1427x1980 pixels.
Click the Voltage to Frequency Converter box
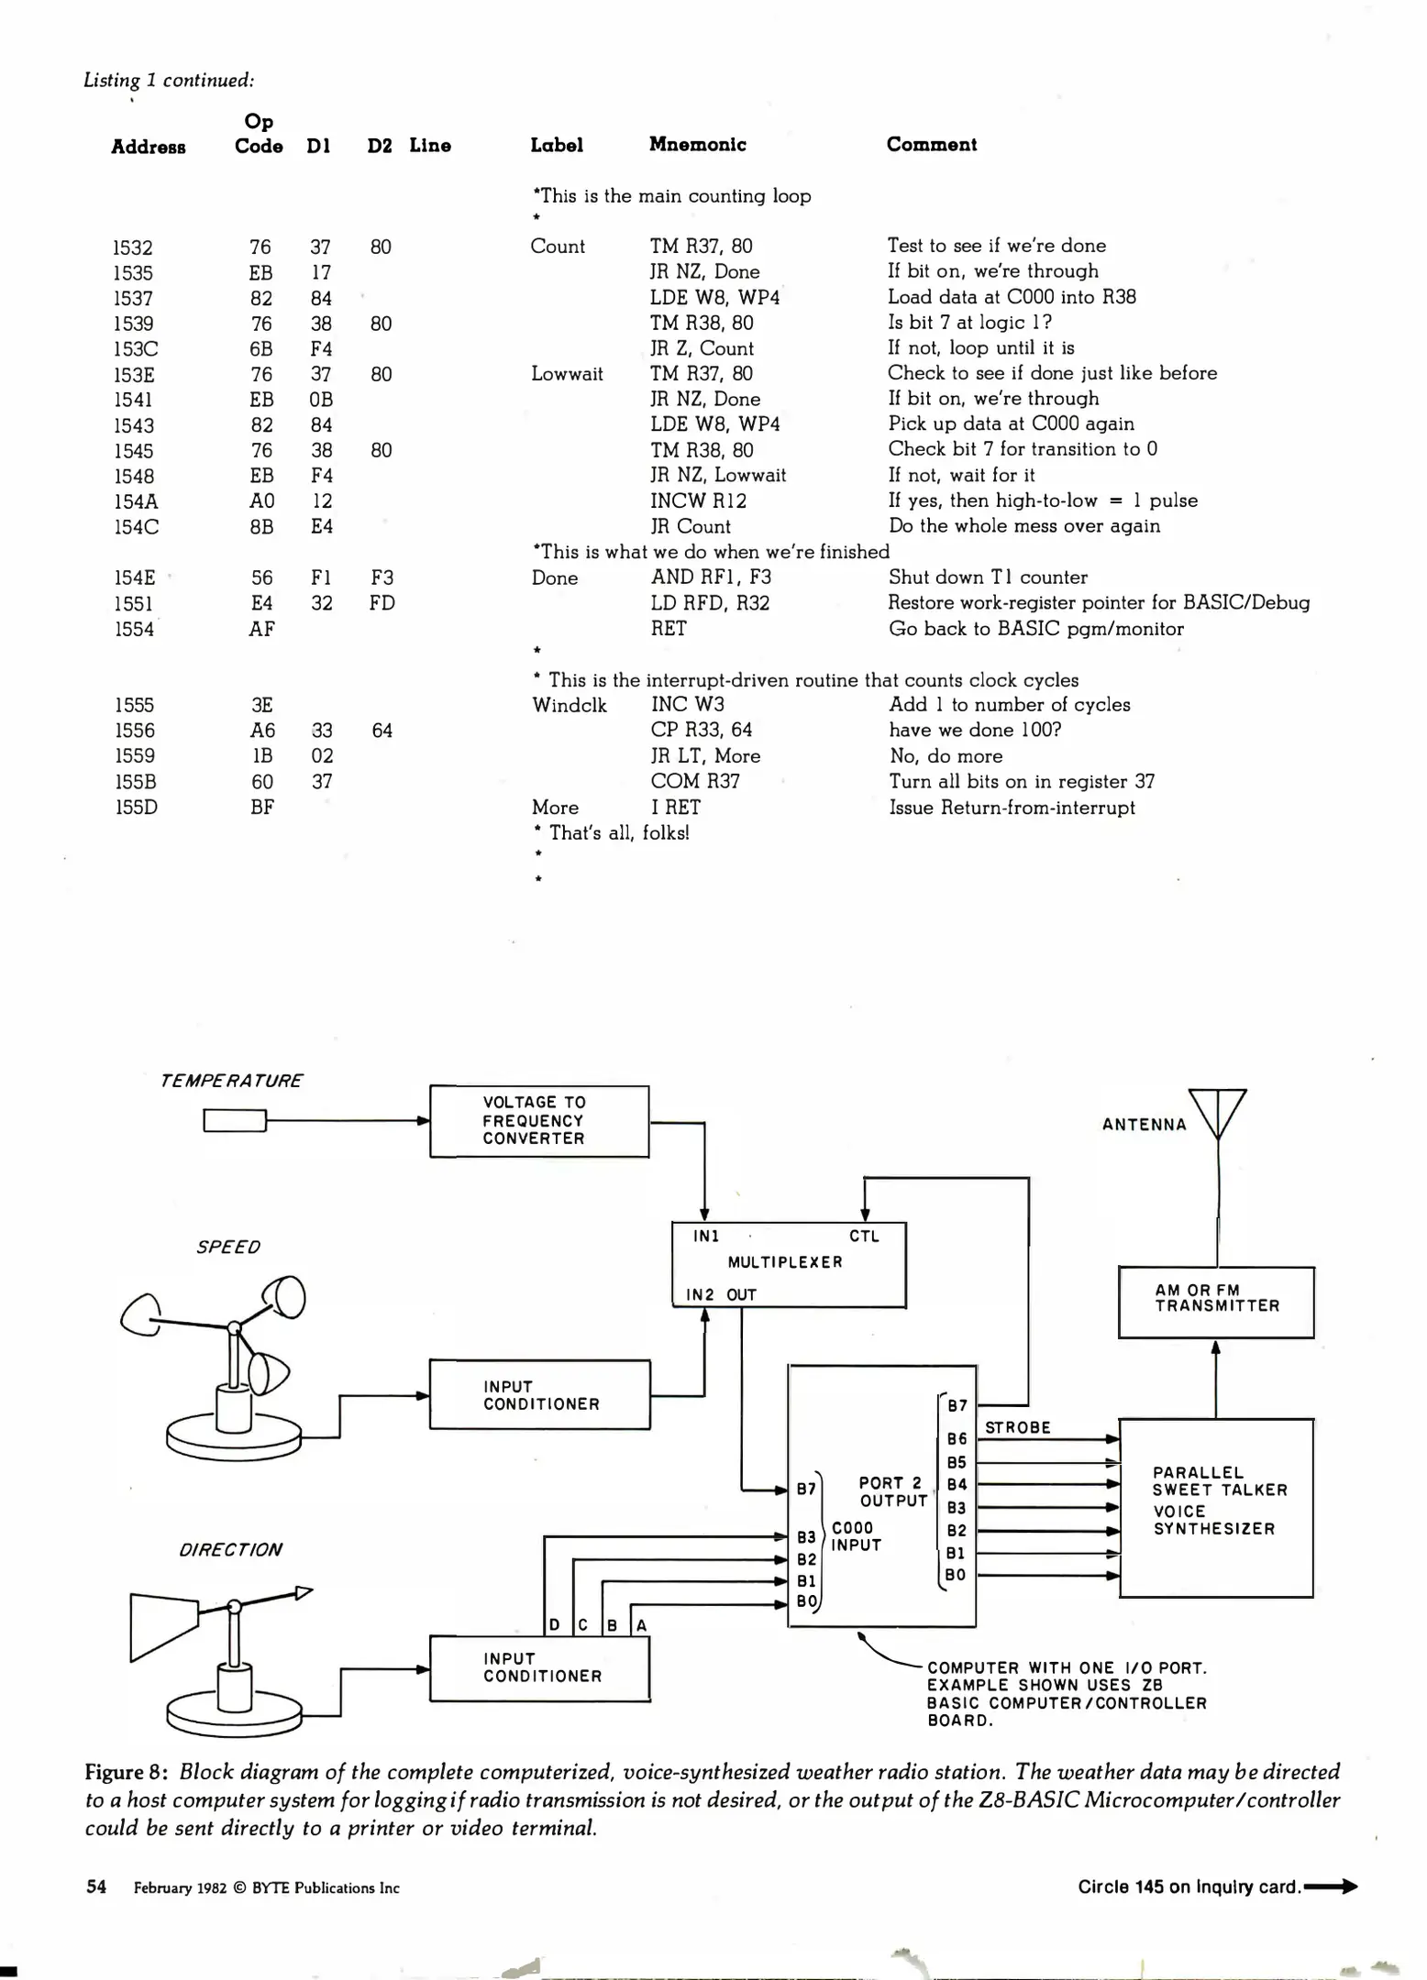click(x=539, y=1121)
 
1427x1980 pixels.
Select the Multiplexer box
click(x=788, y=1264)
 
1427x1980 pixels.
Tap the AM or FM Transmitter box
click(x=1216, y=1302)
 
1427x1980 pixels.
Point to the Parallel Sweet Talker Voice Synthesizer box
click(x=1216, y=1507)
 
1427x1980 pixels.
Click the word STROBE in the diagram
click(x=1017, y=1427)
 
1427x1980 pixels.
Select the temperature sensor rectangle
click(x=235, y=1120)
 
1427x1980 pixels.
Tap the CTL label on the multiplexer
click(x=864, y=1237)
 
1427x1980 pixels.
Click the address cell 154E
click(x=135, y=577)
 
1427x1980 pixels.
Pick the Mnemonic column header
click(x=697, y=144)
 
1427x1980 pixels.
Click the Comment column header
click(x=931, y=144)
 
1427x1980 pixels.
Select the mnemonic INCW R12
click(x=698, y=500)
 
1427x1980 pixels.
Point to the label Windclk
click(x=569, y=705)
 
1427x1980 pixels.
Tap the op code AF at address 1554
click(x=261, y=629)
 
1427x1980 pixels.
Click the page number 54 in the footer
click(x=96, y=1886)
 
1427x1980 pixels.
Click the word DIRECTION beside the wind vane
click(x=230, y=1549)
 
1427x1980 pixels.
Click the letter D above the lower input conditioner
click(x=554, y=1625)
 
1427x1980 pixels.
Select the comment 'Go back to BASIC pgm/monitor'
click(x=1035, y=629)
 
